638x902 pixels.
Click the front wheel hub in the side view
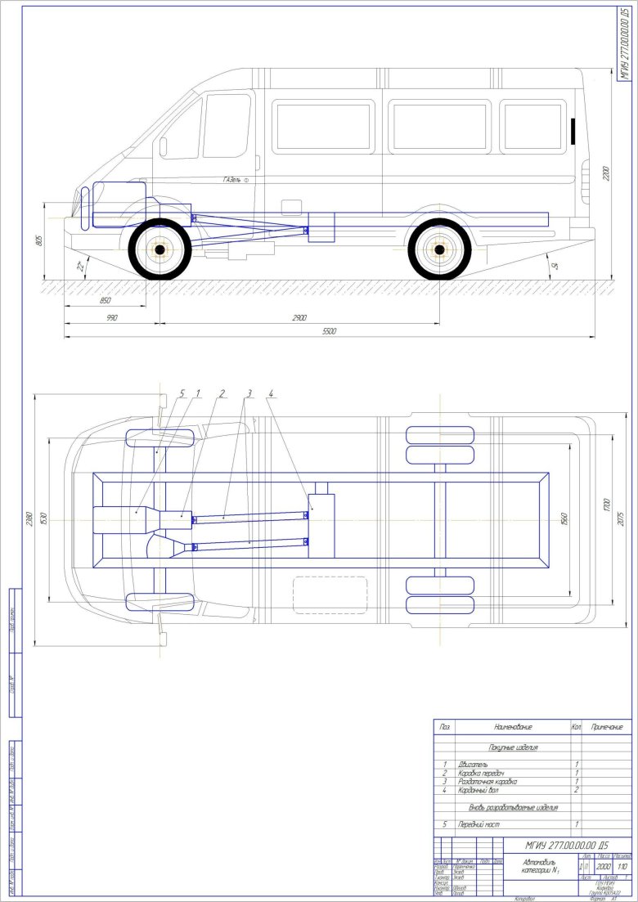point(159,249)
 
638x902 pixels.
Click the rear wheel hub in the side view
point(440,249)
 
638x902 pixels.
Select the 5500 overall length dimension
point(329,331)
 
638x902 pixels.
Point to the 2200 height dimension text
point(607,174)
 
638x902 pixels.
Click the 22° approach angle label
point(81,266)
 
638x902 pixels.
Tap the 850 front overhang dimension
point(105,301)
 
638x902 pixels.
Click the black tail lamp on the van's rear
point(573,128)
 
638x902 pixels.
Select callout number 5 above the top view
point(183,393)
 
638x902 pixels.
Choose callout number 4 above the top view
point(271,393)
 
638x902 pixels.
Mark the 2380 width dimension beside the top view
point(29,518)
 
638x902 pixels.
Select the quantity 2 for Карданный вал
point(577,789)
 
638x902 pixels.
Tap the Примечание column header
point(606,726)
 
